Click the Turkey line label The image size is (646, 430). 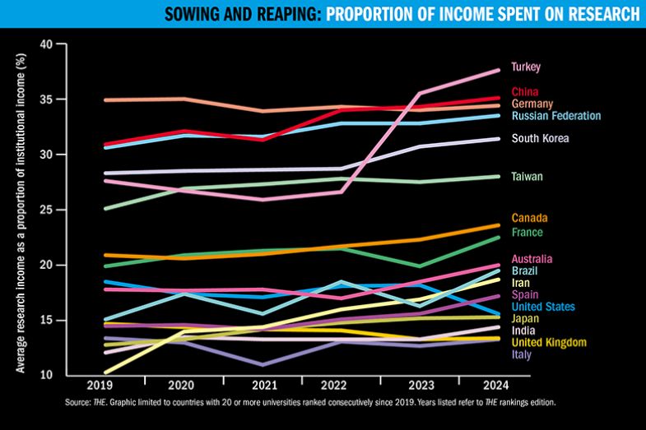coord(525,67)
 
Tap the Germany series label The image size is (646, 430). coord(532,104)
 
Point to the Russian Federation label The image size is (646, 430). coord(555,116)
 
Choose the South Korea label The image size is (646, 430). coord(540,138)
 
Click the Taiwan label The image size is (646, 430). coord(527,177)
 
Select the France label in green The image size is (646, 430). coord(527,232)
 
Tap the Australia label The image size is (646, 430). coord(532,259)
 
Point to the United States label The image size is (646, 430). coord(543,307)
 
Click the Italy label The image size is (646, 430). coord(521,354)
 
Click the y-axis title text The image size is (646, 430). coord(19,209)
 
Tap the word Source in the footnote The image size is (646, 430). coord(77,403)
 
